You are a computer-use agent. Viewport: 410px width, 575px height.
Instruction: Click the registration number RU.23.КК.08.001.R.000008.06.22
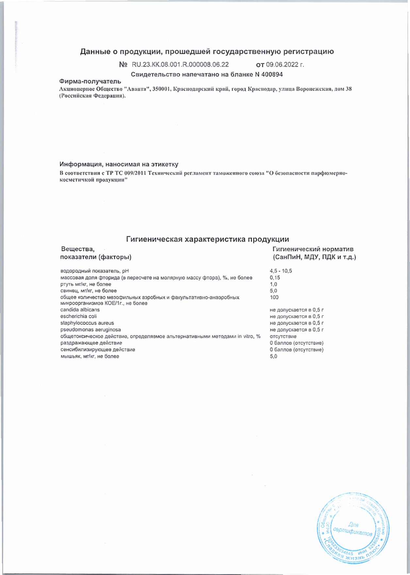coord(180,65)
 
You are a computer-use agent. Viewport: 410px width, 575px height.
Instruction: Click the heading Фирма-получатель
coord(90,81)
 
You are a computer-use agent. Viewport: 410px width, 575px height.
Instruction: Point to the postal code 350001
coord(161,89)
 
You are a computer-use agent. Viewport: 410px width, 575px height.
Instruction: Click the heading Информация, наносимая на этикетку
coord(119,164)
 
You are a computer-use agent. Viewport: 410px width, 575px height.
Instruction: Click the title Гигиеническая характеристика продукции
coord(207,239)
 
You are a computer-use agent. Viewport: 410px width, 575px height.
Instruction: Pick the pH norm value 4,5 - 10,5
coord(281,271)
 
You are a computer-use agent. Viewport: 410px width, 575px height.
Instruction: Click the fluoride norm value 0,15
coord(275,278)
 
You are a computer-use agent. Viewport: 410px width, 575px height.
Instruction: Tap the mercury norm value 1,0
coord(273,284)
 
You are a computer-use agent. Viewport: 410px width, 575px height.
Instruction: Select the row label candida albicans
coord(80,310)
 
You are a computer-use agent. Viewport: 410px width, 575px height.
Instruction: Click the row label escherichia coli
coord(78,316)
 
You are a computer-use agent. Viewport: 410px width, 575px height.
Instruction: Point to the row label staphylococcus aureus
coord(87,323)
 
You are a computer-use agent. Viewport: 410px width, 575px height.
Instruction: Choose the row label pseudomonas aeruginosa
coord(90,330)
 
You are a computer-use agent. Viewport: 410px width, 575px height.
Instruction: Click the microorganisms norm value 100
coord(274,297)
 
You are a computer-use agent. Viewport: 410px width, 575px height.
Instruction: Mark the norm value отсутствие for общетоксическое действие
coord(283,336)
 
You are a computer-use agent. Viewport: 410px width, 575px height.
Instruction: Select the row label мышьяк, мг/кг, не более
coord(90,356)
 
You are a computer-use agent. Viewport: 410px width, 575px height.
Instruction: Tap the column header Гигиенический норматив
coord(313,249)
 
